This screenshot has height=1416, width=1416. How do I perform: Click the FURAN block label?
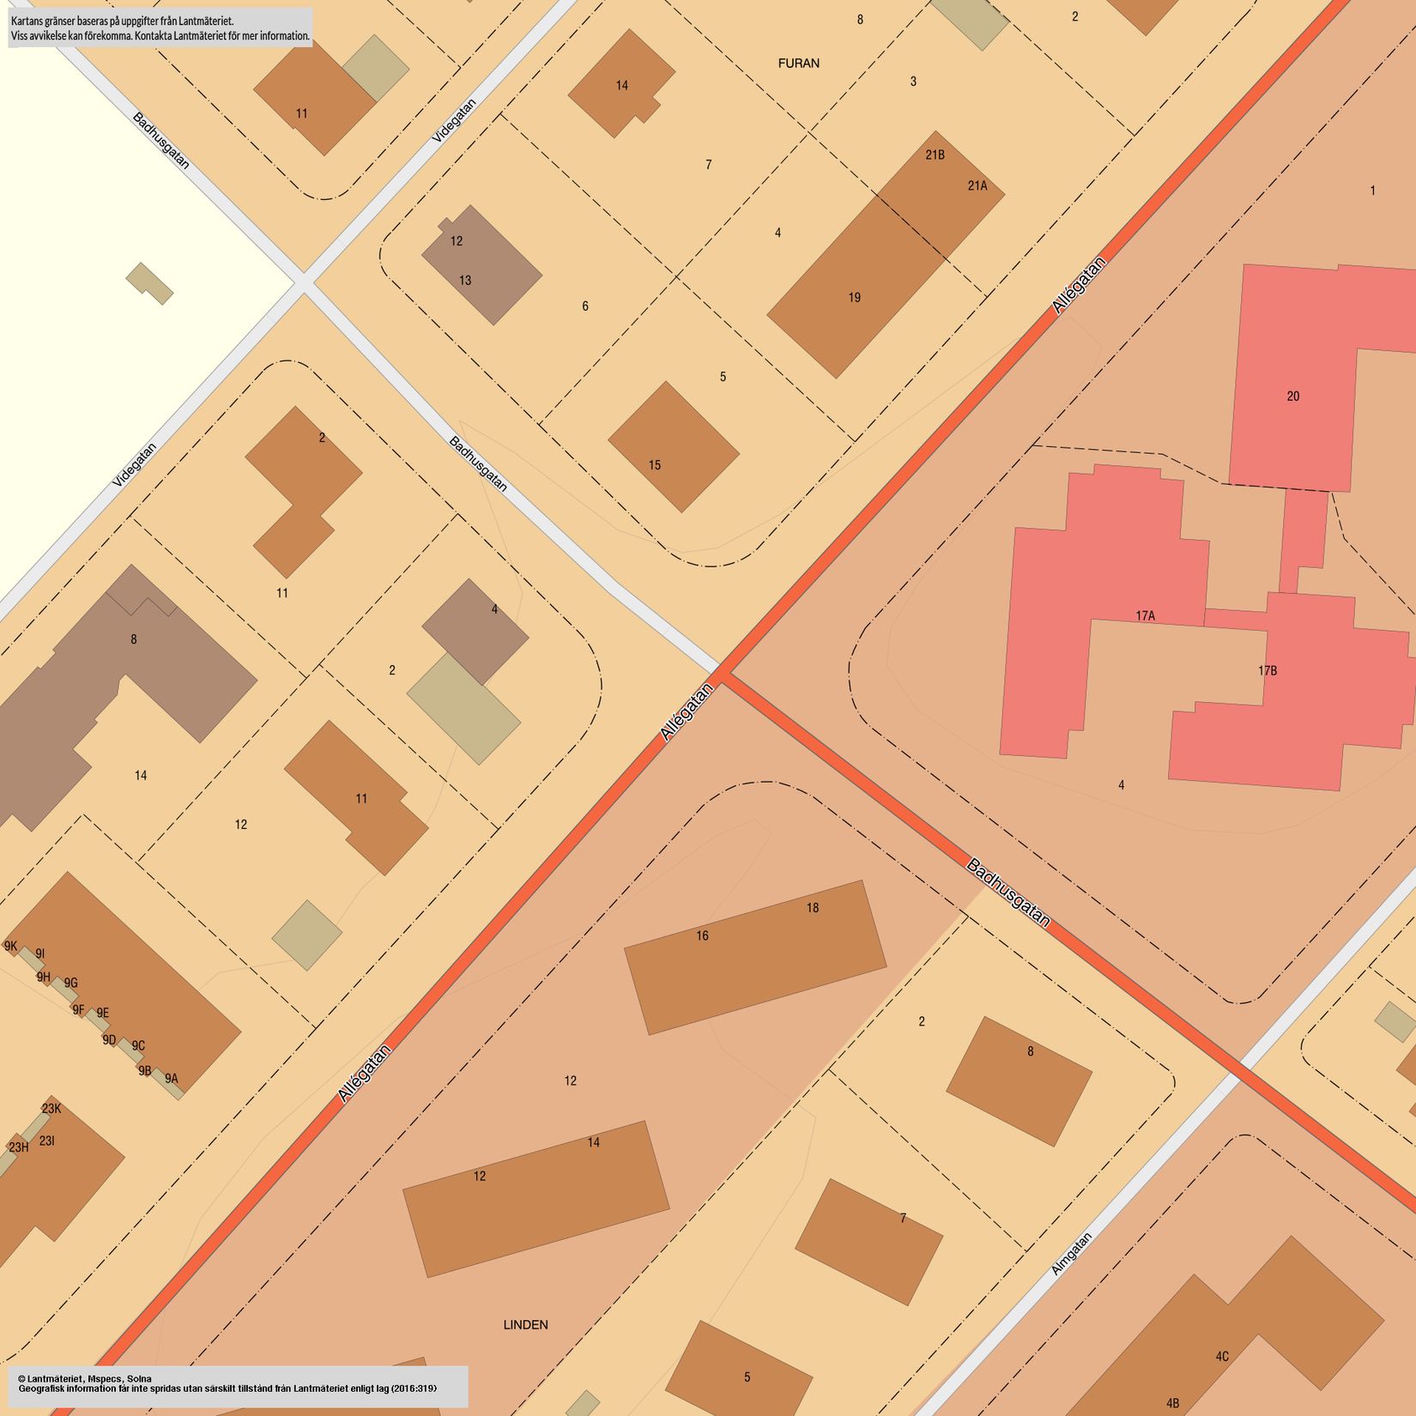pyautogui.click(x=798, y=64)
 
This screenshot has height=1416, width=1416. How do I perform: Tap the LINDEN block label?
pyautogui.click(x=525, y=1324)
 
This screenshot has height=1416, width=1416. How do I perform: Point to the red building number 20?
pyautogui.click(x=1293, y=396)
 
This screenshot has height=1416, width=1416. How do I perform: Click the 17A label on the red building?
pyautogui.click(x=1145, y=615)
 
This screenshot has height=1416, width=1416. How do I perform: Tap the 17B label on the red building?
pyautogui.click(x=1268, y=670)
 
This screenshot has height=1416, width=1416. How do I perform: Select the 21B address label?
pyautogui.click(x=935, y=155)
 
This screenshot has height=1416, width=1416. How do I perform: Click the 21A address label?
pyautogui.click(x=977, y=185)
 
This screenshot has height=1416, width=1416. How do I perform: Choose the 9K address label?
pyautogui.click(x=10, y=946)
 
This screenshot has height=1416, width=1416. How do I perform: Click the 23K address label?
pyautogui.click(x=51, y=1108)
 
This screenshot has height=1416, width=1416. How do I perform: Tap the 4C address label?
pyautogui.click(x=1222, y=1356)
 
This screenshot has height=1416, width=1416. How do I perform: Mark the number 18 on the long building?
pyautogui.click(x=812, y=907)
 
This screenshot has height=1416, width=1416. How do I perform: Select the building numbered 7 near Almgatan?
pyautogui.click(x=868, y=1241)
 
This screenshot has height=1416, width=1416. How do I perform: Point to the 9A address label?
pyautogui.click(x=172, y=1079)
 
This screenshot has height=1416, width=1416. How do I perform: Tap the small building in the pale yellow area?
pyautogui.click(x=149, y=283)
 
